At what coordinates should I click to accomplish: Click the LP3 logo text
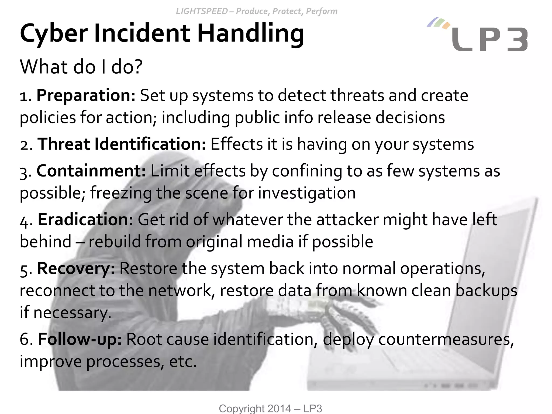[x=489, y=40]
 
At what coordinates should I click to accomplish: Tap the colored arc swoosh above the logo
[x=438, y=23]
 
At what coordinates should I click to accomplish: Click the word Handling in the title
[x=251, y=34]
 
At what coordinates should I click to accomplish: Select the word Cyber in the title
[x=54, y=34]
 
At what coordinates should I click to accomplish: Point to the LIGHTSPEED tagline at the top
[x=256, y=11]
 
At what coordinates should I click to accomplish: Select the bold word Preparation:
[x=86, y=95]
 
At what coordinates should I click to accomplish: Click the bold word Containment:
[x=91, y=171]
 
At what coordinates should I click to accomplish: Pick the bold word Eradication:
[x=85, y=219]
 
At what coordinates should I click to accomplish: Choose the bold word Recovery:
[x=76, y=268]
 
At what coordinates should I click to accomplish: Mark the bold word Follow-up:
[x=80, y=339]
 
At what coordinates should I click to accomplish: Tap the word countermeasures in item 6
[x=446, y=339]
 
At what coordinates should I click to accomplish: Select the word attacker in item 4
[x=347, y=219]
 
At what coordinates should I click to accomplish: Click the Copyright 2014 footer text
[x=270, y=408]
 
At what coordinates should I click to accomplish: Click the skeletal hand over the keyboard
[x=348, y=321]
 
